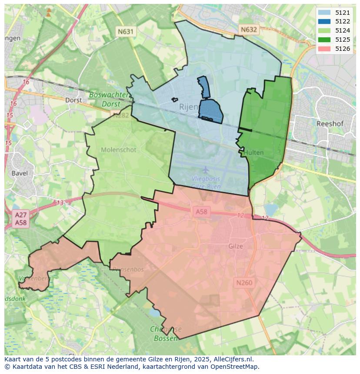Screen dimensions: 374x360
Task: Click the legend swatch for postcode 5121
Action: (x=324, y=13)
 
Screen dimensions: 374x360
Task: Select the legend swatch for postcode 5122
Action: (x=324, y=21)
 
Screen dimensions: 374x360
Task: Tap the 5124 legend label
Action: (x=343, y=30)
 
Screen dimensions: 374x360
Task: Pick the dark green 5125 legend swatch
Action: (x=324, y=40)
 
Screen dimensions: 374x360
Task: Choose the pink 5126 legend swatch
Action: (x=324, y=49)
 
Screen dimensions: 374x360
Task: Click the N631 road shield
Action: (x=126, y=31)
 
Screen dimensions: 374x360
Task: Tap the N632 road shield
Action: (x=248, y=30)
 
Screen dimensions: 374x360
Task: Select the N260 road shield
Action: (x=244, y=283)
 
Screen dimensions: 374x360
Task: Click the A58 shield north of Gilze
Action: (x=201, y=212)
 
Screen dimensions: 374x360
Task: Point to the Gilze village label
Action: (x=236, y=246)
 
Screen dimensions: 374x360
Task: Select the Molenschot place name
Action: (x=118, y=150)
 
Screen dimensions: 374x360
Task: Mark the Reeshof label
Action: (x=330, y=124)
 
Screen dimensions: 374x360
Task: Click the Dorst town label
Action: (x=73, y=100)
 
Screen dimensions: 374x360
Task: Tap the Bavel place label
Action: (x=20, y=173)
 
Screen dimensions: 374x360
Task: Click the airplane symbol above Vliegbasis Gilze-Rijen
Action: (x=206, y=169)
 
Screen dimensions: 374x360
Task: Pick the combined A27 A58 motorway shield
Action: (x=20, y=218)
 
